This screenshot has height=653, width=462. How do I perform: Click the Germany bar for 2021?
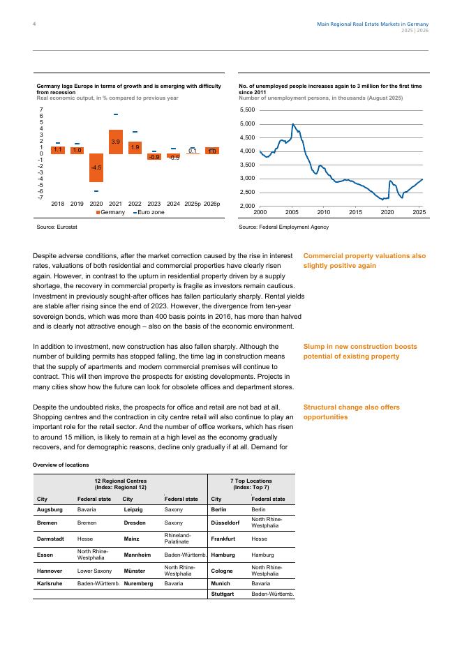click(116, 142)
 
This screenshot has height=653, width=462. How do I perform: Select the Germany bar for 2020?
click(96, 168)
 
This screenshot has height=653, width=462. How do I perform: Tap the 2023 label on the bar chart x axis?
click(154, 204)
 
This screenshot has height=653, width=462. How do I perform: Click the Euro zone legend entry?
click(149, 211)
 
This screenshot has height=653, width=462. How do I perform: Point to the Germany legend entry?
click(110, 211)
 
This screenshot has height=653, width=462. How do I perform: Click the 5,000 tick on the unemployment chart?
click(247, 124)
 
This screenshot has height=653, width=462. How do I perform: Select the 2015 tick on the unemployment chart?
click(355, 211)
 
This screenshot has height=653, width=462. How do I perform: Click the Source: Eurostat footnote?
click(57, 227)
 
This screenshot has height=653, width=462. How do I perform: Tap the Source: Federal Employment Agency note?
click(283, 227)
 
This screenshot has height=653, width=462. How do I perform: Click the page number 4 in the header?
click(34, 24)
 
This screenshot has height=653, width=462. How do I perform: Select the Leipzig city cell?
click(133, 510)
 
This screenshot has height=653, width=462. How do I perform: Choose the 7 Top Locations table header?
click(251, 483)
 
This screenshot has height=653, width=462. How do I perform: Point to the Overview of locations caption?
click(61, 464)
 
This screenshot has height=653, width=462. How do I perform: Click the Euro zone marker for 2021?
click(116, 114)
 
